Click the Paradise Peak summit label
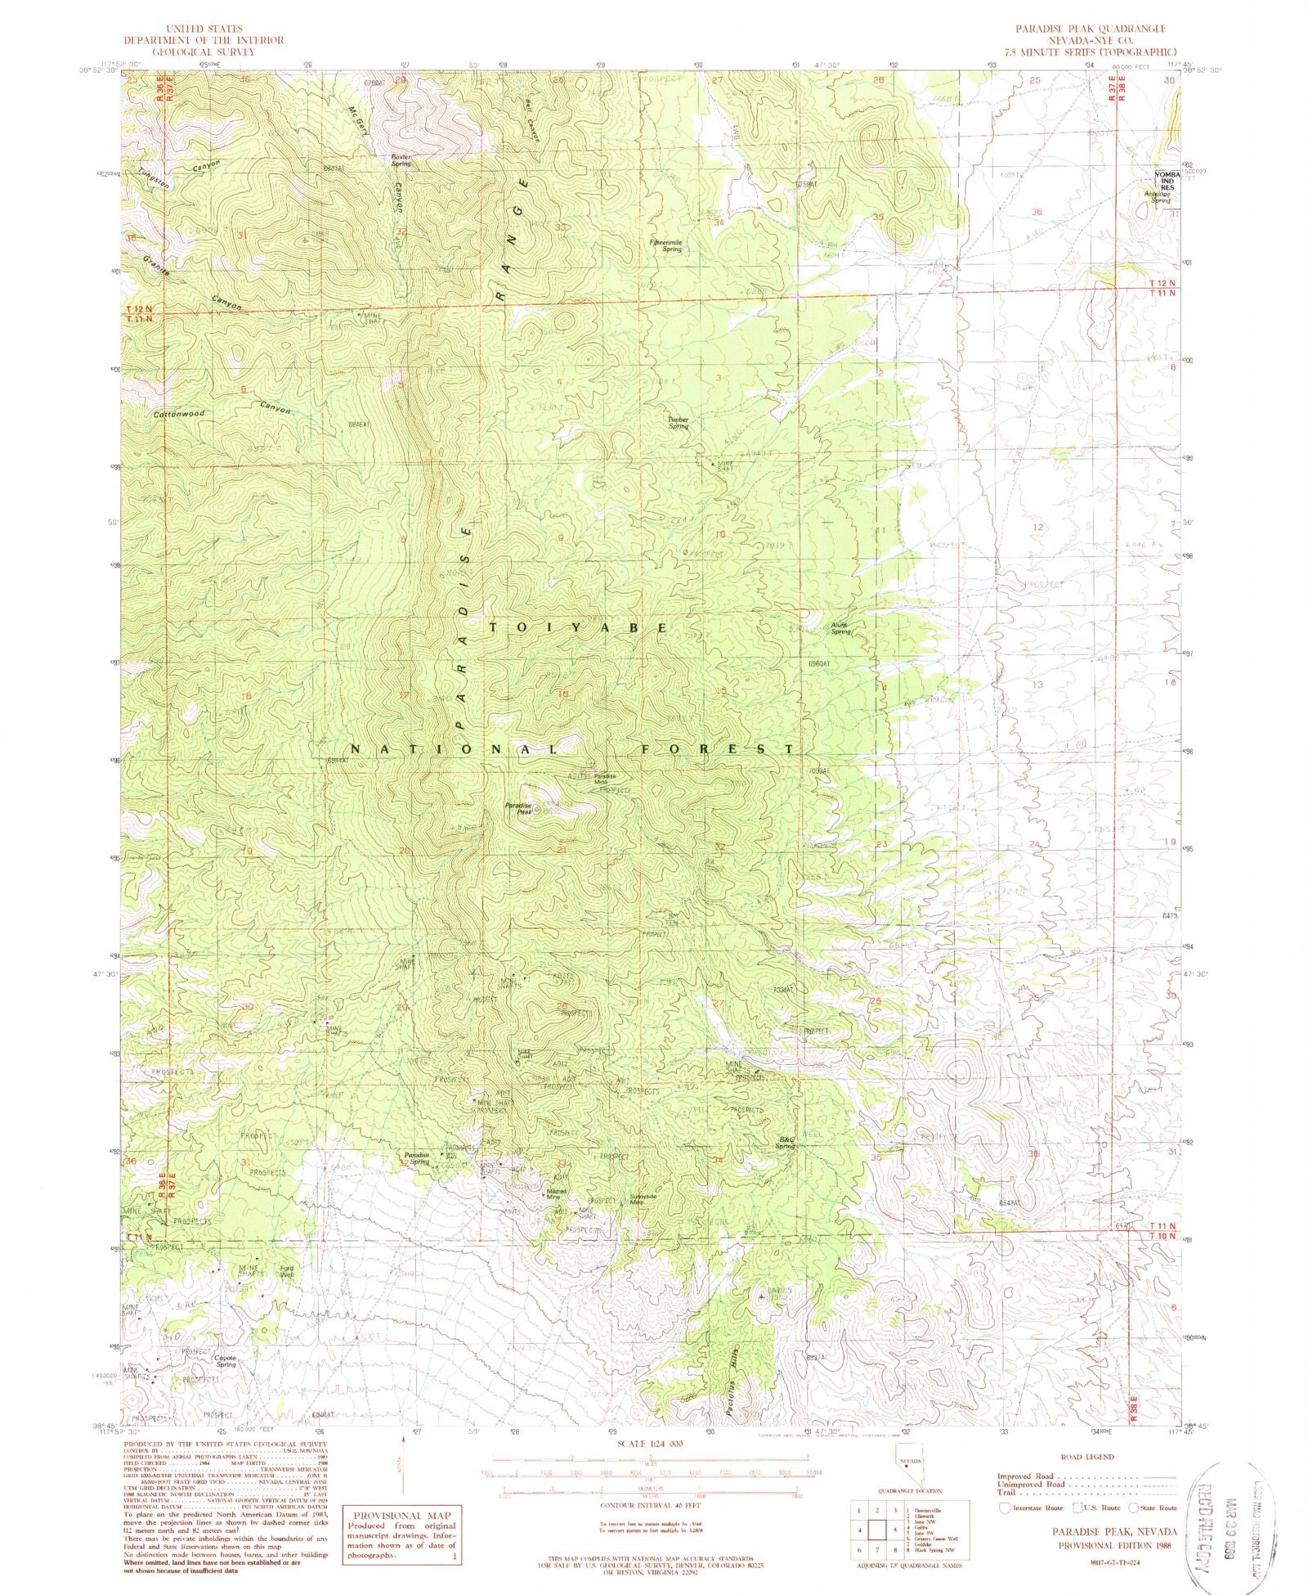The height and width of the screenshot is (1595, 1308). point(518,808)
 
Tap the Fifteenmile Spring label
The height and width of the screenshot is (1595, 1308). point(665,245)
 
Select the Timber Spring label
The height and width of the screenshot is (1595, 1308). point(679,423)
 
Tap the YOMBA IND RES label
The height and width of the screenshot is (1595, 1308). point(1164,181)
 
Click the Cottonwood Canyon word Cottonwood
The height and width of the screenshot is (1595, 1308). point(179,414)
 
